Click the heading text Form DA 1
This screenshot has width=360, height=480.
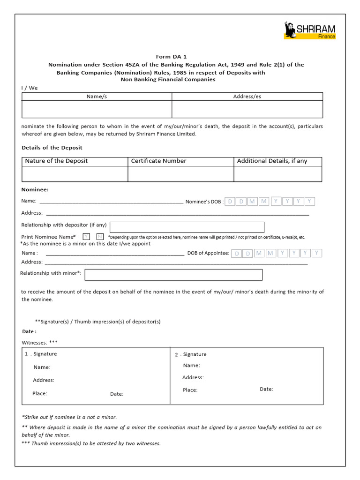tap(171, 57)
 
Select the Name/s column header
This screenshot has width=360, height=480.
tap(97, 96)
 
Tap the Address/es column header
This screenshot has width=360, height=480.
tap(247, 96)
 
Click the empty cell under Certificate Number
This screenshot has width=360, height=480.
tap(180, 174)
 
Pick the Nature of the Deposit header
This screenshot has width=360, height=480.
tap(56, 161)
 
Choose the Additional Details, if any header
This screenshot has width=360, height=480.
tap(272, 161)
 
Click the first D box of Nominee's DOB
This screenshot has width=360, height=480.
tap(230, 202)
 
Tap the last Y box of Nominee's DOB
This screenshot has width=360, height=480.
tap(310, 202)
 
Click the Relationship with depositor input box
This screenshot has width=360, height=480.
tap(187, 227)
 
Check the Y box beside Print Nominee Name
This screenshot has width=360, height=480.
tap(86, 237)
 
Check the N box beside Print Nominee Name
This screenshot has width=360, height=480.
tap(100, 237)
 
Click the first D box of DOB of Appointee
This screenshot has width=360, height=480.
tap(237, 253)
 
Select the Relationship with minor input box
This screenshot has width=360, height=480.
tap(173, 275)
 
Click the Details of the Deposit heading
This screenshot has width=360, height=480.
tap(52, 148)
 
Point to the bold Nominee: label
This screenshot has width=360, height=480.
tap(35, 190)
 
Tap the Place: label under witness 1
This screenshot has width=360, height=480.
tap(40, 393)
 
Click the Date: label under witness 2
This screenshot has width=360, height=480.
tap(266, 389)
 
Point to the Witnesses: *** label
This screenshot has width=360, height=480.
tap(39, 342)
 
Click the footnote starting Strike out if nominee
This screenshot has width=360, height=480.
tap(69, 417)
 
